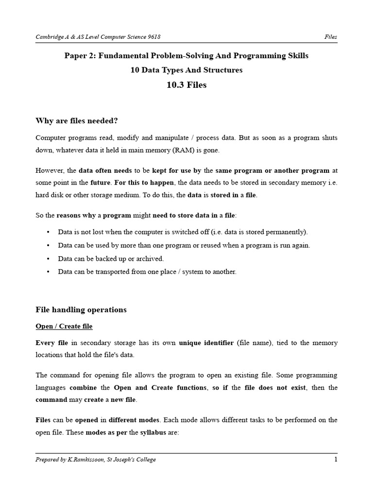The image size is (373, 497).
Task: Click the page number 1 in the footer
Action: click(336, 460)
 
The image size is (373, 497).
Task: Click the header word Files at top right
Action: click(331, 37)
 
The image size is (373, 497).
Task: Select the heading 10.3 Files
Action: click(186, 85)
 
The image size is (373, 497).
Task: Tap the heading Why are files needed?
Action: click(77, 121)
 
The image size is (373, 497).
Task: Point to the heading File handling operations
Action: click(81, 310)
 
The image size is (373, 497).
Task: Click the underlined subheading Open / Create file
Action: click(64, 326)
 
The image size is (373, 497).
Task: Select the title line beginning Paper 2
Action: click(186, 56)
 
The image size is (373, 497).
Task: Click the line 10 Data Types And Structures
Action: click(186, 70)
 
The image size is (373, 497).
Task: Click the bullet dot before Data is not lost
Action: click(48, 232)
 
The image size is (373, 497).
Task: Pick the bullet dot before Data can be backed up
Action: click(48, 259)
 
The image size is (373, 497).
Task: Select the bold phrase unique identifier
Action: click(206, 343)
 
